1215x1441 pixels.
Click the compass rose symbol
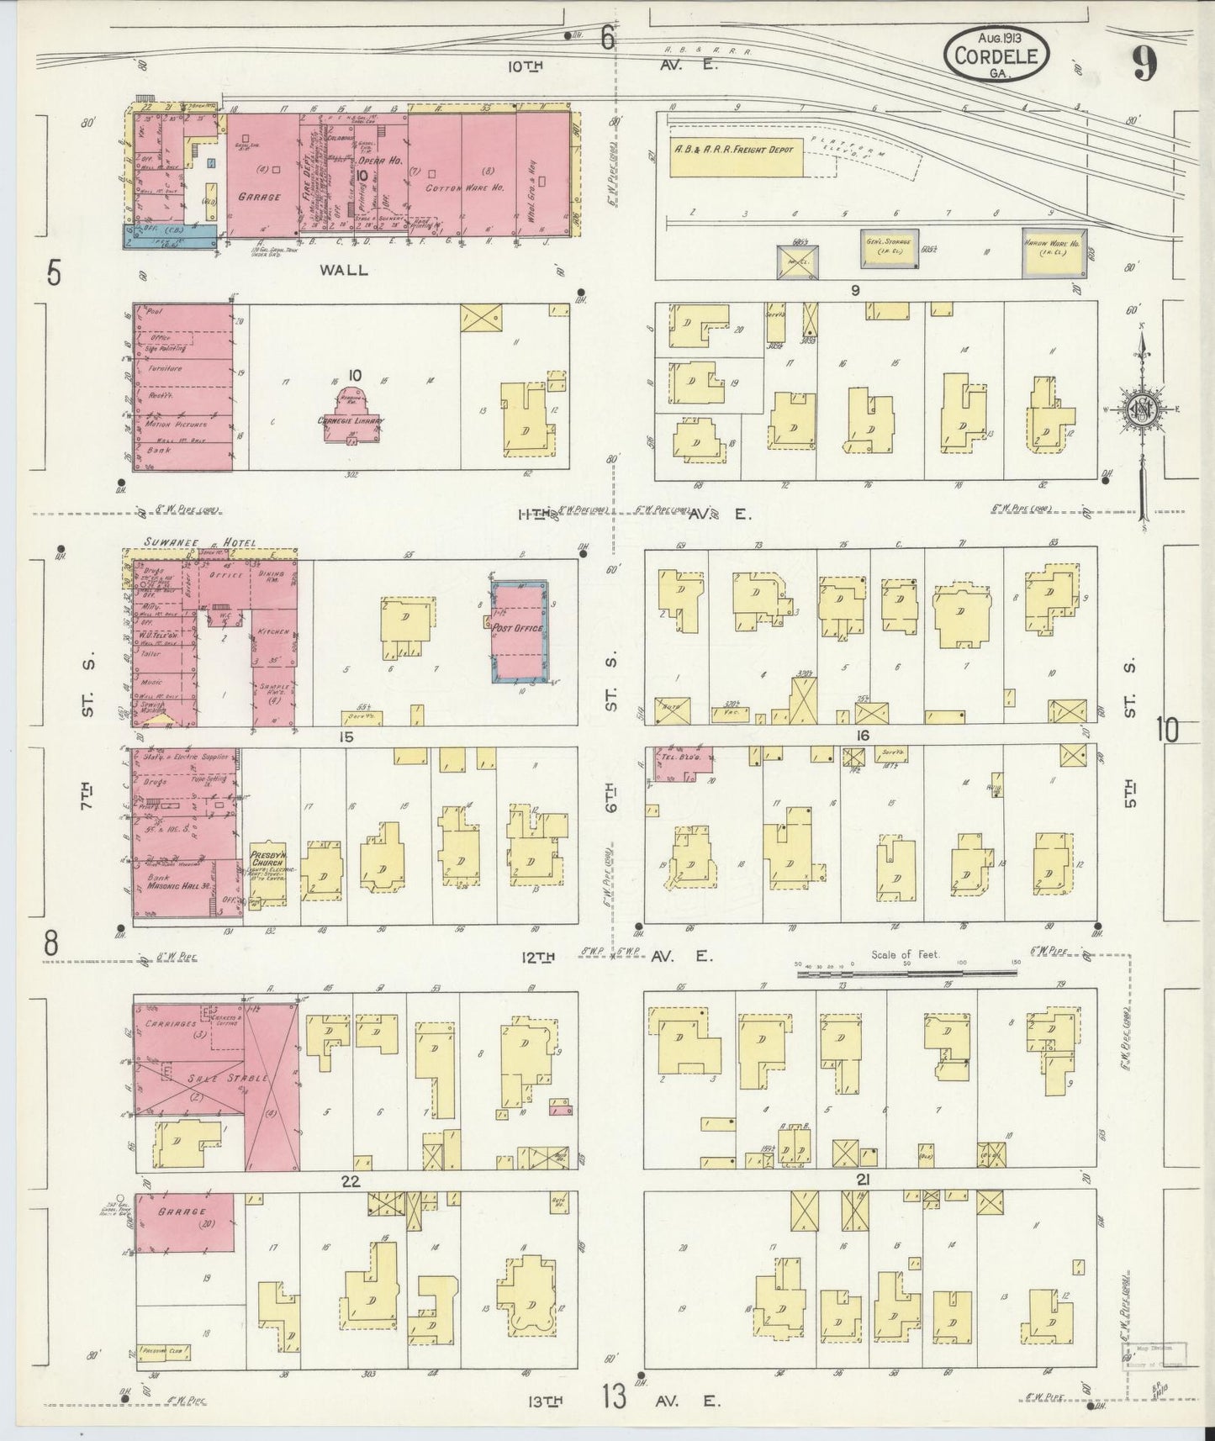tap(1142, 409)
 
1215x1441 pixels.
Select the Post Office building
tap(520, 631)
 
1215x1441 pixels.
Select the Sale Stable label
tap(215, 1078)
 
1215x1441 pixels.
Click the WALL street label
tap(345, 269)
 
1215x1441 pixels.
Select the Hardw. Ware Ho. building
tap(1054, 253)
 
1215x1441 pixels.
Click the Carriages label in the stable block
tap(172, 1024)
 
